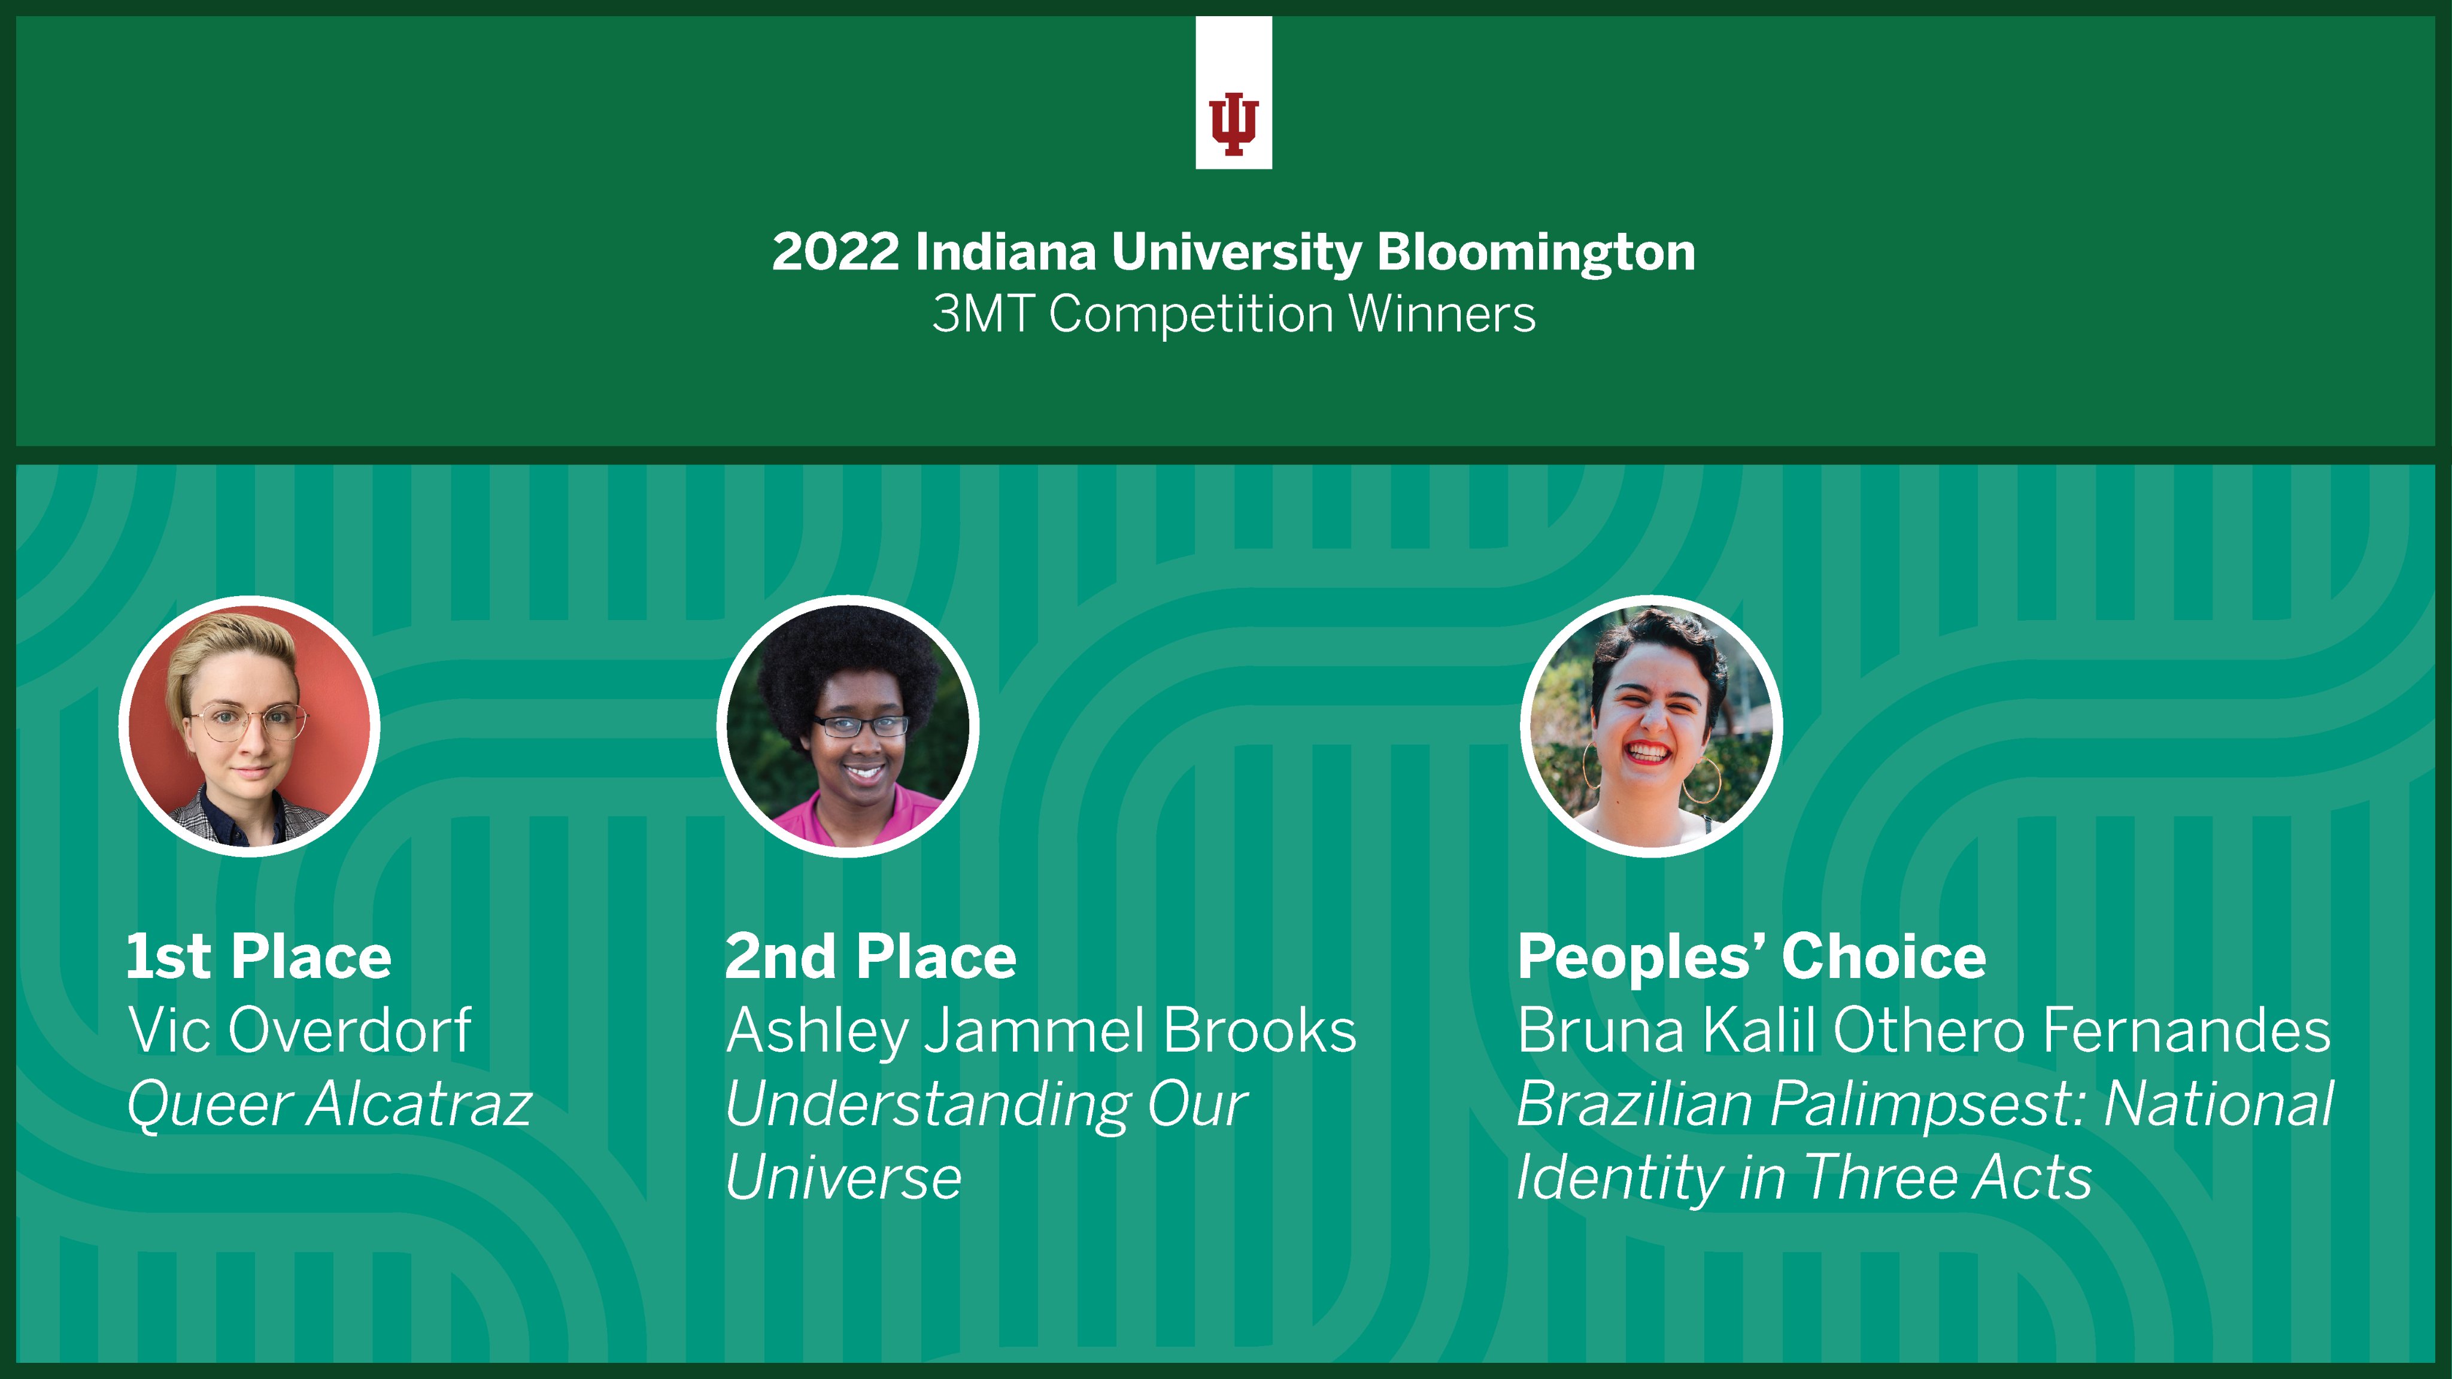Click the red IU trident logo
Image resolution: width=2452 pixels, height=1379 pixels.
tap(1234, 124)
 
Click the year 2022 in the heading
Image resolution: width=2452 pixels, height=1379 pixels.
tap(834, 252)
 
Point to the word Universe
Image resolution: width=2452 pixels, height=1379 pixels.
tap(843, 1178)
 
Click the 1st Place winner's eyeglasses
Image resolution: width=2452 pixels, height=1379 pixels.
tap(250, 721)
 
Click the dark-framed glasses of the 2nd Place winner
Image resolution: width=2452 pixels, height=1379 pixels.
tap(860, 726)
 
